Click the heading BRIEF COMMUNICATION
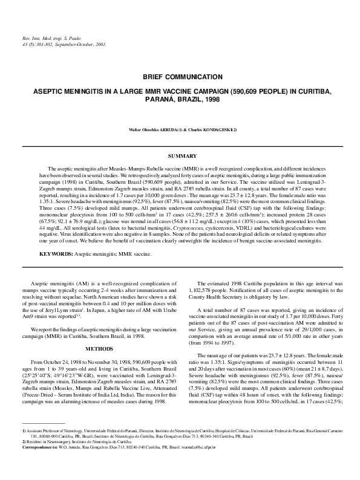click(x=179, y=77)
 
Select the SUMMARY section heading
click(x=180, y=157)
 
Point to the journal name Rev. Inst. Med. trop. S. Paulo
click(x=45, y=37)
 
